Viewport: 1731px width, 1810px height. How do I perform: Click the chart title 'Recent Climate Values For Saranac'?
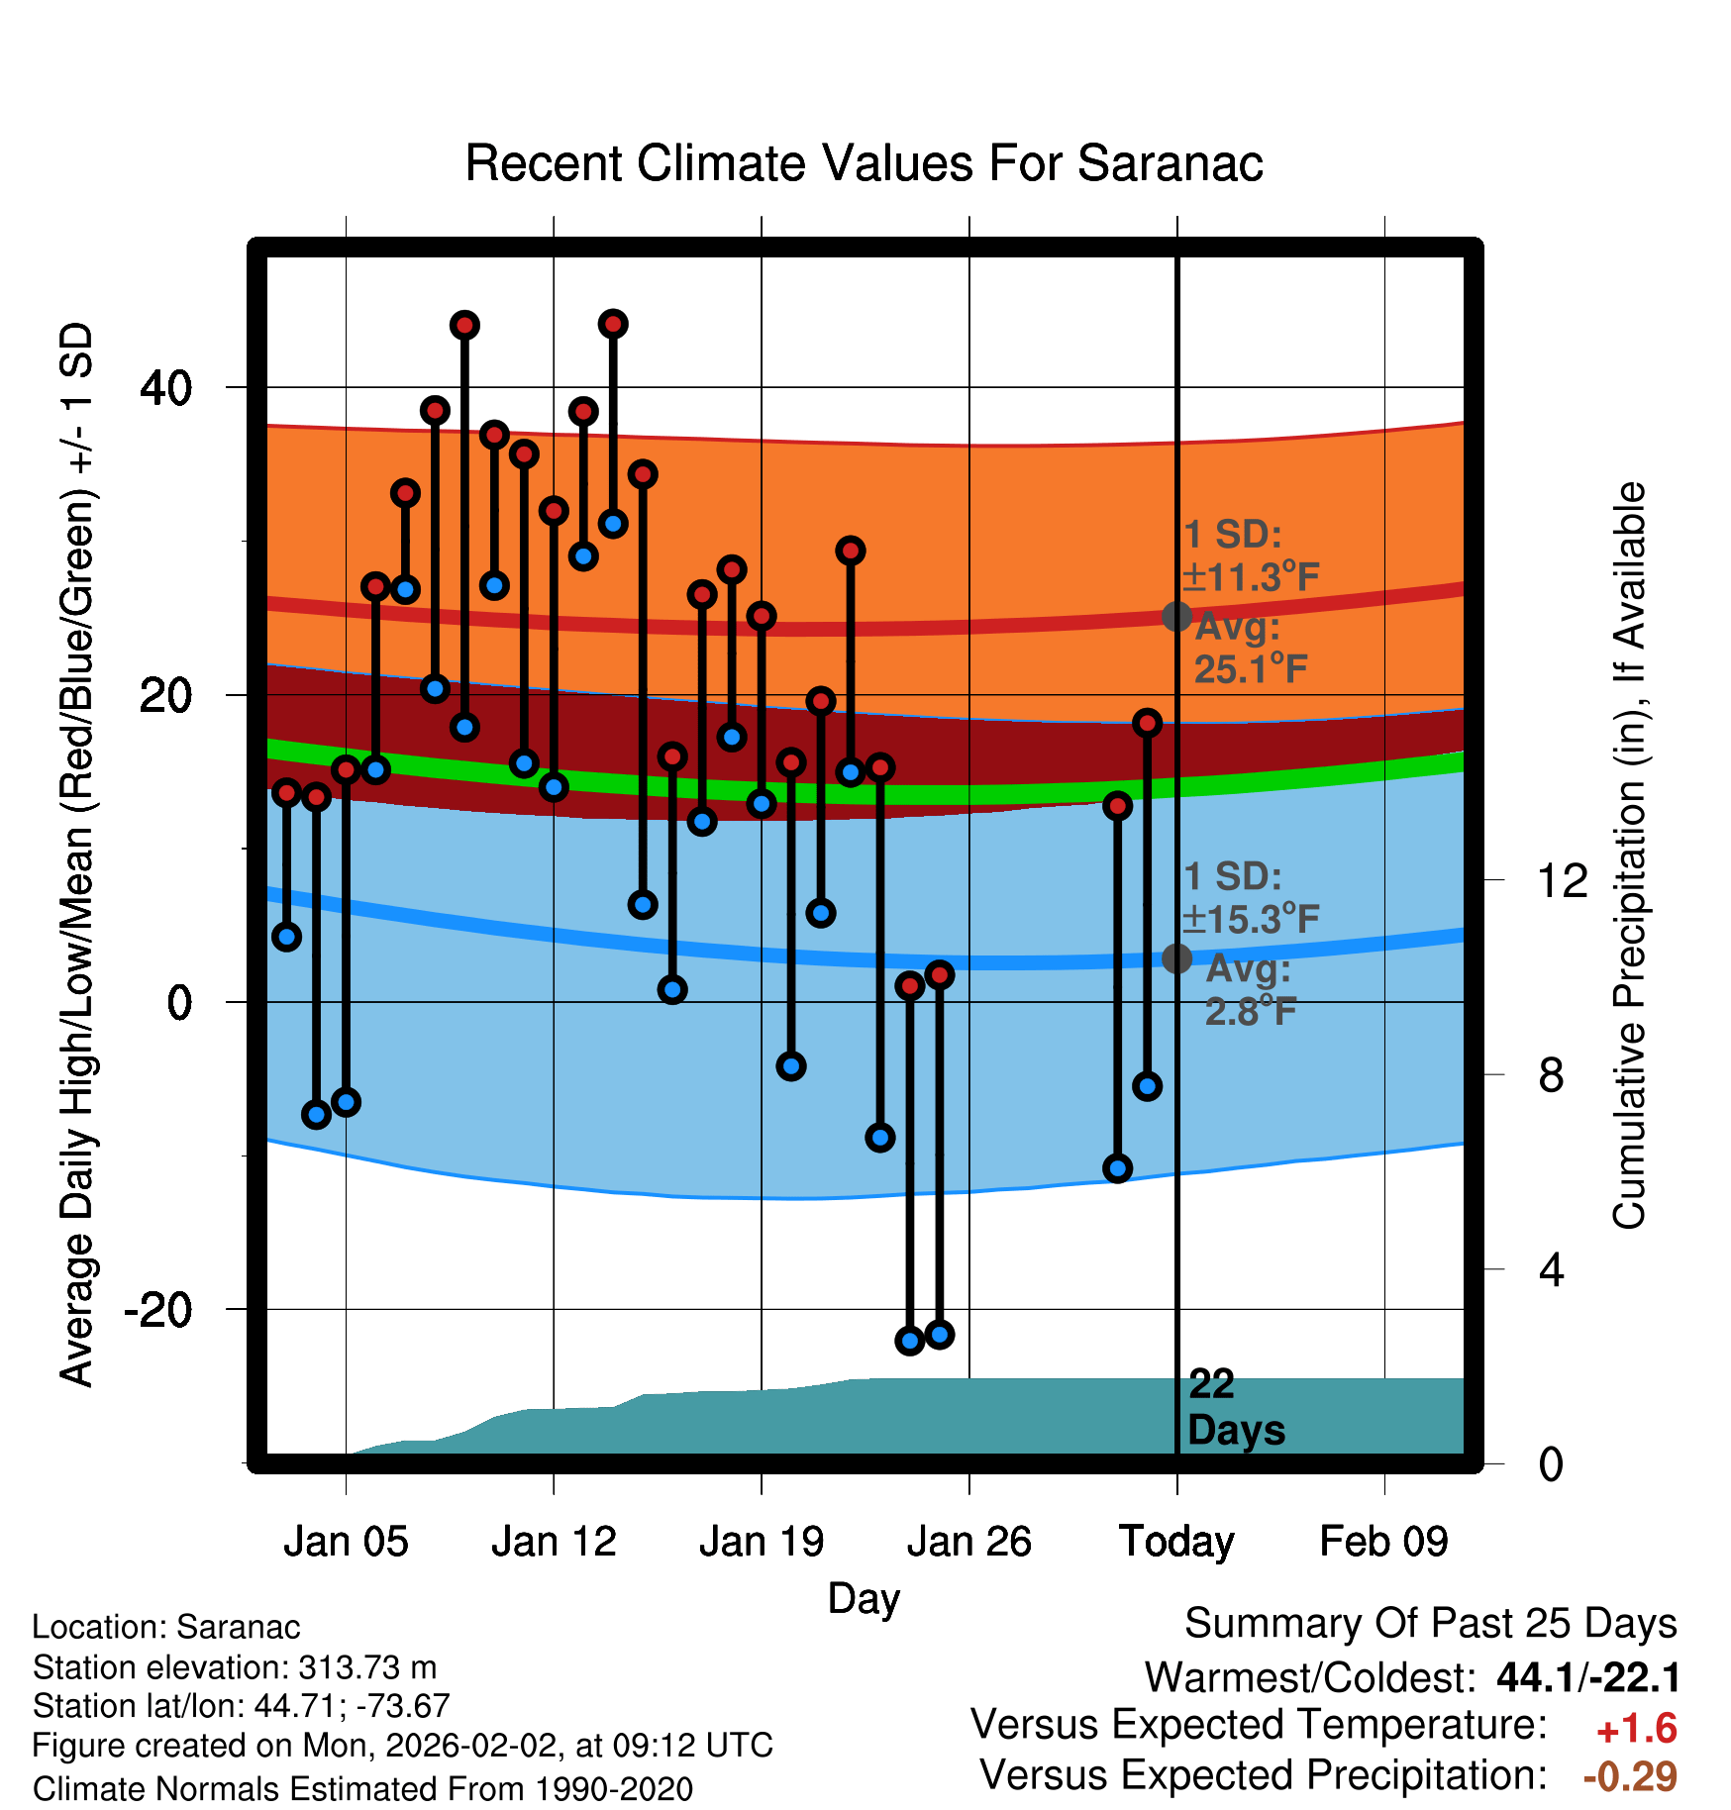[x=864, y=163]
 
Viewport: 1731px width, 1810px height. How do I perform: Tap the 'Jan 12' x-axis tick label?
[x=554, y=1542]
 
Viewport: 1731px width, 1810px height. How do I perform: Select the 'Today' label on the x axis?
[x=1176, y=1542]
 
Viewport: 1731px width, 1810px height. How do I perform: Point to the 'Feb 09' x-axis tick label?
[x=1384, y=1542]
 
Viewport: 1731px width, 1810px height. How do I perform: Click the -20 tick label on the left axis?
[x=158, y=1310]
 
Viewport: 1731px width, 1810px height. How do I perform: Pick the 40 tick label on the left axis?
[x=166, y=388]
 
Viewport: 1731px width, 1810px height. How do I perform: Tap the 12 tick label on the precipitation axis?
[x=1563, y=880]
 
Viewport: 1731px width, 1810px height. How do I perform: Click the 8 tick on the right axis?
[x=1551, y=1075]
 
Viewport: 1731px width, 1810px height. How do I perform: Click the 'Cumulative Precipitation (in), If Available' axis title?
[x=1629, y=855]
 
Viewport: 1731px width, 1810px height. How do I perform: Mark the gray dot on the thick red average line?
[x=1176, y=617]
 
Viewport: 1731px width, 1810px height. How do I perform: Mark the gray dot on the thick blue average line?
[x=1176, y=958]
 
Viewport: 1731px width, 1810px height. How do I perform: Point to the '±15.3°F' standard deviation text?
[x=1252, y=920]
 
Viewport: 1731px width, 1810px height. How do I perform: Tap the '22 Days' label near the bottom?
[x=1236, y=1407]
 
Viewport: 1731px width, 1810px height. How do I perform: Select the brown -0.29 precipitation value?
[x=1630, y=1776]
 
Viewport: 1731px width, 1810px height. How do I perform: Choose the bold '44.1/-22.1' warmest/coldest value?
[x=1588, y=1677]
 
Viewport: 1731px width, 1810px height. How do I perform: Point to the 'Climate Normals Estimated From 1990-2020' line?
[x=362, y=1789]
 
